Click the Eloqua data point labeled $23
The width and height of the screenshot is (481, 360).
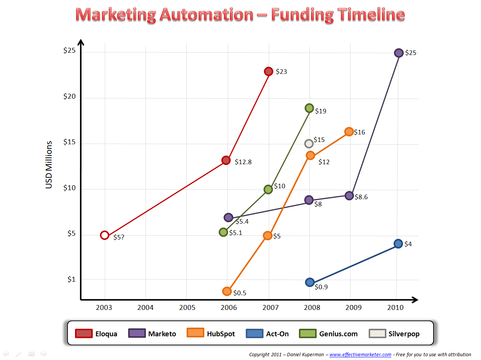pyautogui.click(x=268, y=71)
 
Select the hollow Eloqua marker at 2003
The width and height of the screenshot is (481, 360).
pyautogui.click(x=105, y=235)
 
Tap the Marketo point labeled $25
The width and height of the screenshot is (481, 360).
pyautogui.click(x=398, y=53)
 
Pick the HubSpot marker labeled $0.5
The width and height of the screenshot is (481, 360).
pyautogui.click(x=227, y=291)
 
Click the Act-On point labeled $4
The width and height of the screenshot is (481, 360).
pyautogui.click(x=398, y=244)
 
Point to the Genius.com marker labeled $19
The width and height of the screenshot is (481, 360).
pyautogui.click(x=309, y=108)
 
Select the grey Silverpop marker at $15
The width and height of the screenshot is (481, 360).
pyautogui.click(x=309, y=143)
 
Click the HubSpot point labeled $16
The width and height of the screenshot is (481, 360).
pyautogui.click(x=349, y=131)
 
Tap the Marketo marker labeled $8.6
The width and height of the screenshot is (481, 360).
pyautogui.click(x=349, y=196)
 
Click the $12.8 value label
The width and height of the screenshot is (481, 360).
pyautogui.click(x=243, y=162)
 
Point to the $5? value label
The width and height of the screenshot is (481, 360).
pyautogui.click(x=119, y=237)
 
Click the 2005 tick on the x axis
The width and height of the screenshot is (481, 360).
pyautogui.click(x=187, y=308)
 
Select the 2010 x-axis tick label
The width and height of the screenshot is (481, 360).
pyautogui.click(x=395, y=308)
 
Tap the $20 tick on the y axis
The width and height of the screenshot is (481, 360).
pyautogui.click(x=69, y=96)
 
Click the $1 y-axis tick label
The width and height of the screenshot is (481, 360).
pyautogui.click(x=71, y=279)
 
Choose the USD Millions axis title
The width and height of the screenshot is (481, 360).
pyautogui.click(x=49, y=165)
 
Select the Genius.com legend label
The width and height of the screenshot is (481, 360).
pyautogui.click(x=338, y=334)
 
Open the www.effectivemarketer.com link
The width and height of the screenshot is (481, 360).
pyautogui.click(x=360, y=354)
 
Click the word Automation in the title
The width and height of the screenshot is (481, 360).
pyautogui.click(x=206, y=15)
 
